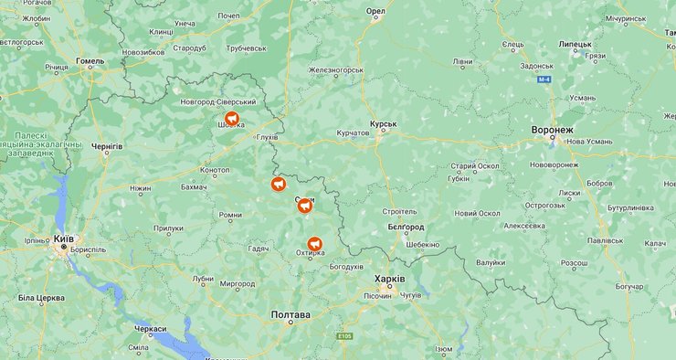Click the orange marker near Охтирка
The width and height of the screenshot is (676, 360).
(315, 244)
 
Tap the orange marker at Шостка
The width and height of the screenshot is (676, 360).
(233, 119)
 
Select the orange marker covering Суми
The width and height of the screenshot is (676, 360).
(305, 206)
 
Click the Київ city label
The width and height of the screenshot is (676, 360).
(63, 238)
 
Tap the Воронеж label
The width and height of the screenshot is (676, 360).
(553, 130)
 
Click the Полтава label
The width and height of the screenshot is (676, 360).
(290, 314)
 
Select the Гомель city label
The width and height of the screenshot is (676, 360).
(90, 62)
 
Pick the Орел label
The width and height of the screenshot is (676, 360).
(375, 11)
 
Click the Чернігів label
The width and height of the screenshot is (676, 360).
(107, 146)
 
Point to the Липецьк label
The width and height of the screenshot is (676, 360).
(576, 43)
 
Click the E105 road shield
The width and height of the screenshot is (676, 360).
(343, 336)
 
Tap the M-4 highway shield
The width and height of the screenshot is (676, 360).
(545, 79)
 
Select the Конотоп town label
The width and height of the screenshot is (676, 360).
(216, 170)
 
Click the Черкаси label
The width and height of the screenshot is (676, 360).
(151, 328)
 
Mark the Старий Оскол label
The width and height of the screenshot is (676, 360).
(475, 165)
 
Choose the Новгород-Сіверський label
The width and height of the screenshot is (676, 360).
(218, 101)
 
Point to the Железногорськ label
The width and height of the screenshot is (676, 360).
(336, 69)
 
